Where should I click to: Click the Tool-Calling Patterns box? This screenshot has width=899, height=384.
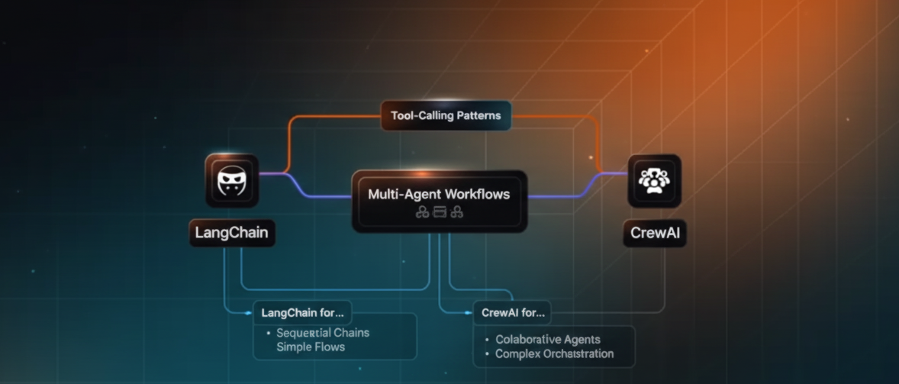pyautogui.click(x=446, y=116)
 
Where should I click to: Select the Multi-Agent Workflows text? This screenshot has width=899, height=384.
pyautogui.click(x=439, y=194)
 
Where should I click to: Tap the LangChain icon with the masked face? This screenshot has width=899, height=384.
pyautogui.click(x=232, y=182)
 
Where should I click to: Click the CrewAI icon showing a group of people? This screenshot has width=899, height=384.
pyautogui.click(x=654, y=181)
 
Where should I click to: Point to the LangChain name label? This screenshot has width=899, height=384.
pyautogui.click(x=232, y=233)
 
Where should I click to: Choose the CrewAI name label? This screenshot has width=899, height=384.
pyautogui.click(x=655, y=233)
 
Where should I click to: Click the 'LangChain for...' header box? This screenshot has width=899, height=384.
pyautogui.click(x=301, y=312)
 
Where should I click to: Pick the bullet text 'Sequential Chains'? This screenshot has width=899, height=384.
pyautogui.click(x=323, y=333)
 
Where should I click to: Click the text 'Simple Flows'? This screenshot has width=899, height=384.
pyautogui.click(x=311, y=347)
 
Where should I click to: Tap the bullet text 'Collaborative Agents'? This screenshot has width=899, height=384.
pyautogui.click(x=548, y=339)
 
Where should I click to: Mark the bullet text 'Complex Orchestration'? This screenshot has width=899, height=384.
pyautogui.click(x=554, y=354)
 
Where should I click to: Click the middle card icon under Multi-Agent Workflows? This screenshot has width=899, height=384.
pyautogui.click(x=440, y=213)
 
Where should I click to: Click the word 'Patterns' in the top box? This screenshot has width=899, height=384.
pyautogui.click(x=478, y=116)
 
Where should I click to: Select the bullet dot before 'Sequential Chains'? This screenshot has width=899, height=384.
pyautogui.click(x=269, y=334)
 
